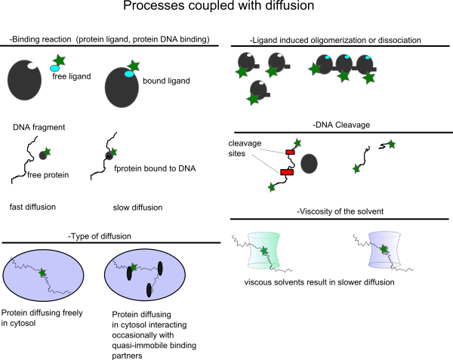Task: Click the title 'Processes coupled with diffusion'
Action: tap(219, 5)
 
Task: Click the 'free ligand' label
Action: tap(72, 76)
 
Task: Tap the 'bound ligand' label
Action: tap(166, 81)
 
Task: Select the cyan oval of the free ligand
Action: tap(54, 69)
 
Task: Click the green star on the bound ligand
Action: tap(134, 66)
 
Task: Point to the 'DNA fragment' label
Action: tap(39, 128)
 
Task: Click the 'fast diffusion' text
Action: tap(32, 207)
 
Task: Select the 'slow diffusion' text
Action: tap(138, 208)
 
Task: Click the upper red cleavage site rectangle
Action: tap(291, 152)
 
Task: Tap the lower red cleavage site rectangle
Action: tap(287, 172)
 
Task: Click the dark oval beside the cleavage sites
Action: tap(309, 164)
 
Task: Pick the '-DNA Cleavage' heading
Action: tap(341, 125)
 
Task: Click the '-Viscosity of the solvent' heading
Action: tap(340, 211)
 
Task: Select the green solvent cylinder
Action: tap(263, 250)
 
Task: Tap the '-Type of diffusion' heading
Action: tap(100, 236)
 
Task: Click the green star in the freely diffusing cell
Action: tap(43, 272)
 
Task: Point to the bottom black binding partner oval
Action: tap(149, 290)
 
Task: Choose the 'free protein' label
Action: tap(48, 175)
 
